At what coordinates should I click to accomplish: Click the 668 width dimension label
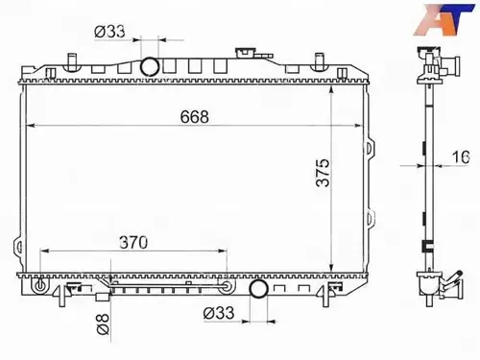pyautogui.click(x=194, y=117)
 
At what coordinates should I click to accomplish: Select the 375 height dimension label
pyautogui.click(x=323, y=172)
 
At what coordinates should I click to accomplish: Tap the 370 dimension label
pyautogui.click(x=133, y=243)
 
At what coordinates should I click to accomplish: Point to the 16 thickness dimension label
pyautogui.click(x=461, y=156)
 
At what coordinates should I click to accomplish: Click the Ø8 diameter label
pyautogui.click(x=103, y=324)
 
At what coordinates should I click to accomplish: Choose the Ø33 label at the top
pyautogui.click(x=109, y=32)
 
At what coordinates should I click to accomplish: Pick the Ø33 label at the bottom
pyautogui.click(x=219, y=313)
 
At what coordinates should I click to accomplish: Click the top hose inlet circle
pyautogui.click(x=150, y=66)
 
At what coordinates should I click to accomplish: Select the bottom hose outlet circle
pyautogui.click(x=258, y=288)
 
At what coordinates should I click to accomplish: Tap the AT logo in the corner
pyautogui.click(x=444, y=19)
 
